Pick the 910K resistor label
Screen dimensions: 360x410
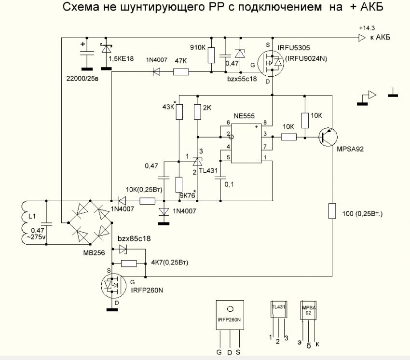point(198,48)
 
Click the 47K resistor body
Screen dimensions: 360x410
point(181,72)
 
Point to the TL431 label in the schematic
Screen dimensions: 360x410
point(208,171)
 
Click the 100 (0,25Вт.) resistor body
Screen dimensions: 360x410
point(332,211)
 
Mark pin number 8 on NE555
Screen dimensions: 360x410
point(264,124)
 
